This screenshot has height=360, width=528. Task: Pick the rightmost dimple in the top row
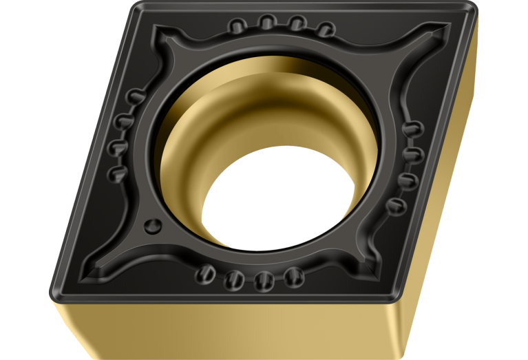pos(325,28)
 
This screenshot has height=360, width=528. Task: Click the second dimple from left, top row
pos(266,23)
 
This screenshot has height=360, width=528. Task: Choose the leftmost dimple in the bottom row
pos(205,275)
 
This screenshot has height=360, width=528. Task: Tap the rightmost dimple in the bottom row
pos(294,277)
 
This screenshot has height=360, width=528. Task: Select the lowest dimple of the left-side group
pos(117,170)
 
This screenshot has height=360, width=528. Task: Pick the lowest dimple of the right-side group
pos(397,205)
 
